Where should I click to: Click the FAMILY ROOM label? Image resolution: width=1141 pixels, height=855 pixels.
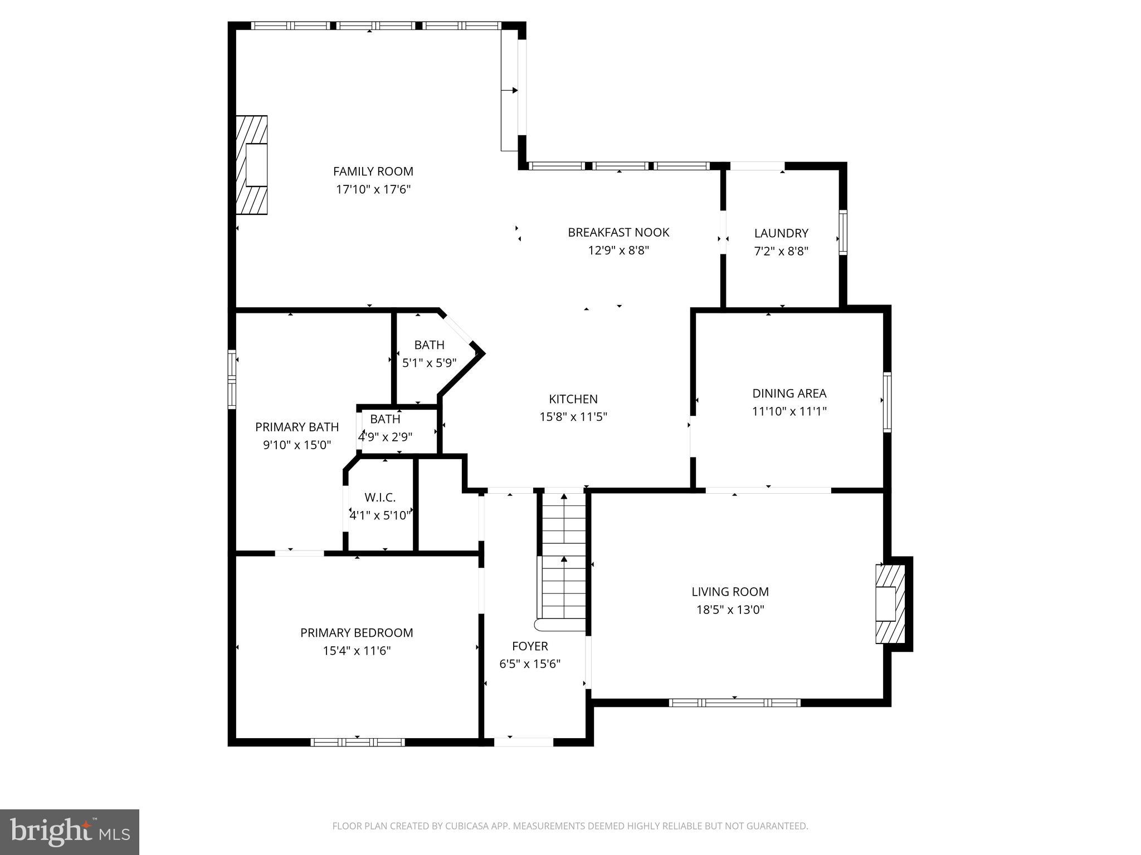coord(373,171)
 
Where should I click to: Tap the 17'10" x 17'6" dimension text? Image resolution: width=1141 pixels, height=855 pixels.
coord(373,189)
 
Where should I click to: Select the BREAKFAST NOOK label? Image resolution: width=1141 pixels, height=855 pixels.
coord(618,232)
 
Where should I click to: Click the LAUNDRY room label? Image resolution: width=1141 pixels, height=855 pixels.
coord(781,233)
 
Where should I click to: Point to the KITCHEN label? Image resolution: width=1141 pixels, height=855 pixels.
coord(573,399)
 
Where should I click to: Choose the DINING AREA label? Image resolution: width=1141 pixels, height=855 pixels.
coord(789,394)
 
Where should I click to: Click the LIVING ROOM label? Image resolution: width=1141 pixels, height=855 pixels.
coord(730,592)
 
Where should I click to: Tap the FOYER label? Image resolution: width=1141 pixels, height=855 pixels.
coord(530,646)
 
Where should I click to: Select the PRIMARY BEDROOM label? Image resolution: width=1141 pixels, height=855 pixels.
coord(357,633)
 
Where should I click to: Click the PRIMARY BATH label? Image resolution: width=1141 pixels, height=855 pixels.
coord(297,427)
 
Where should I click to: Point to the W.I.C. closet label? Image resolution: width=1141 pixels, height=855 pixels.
coord(380,498)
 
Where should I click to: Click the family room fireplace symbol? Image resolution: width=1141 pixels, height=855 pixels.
coord(252,165)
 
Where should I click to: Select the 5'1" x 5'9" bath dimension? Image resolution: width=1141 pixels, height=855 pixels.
coord(429,363)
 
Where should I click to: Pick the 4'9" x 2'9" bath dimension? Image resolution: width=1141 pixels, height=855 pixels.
coord(385,437)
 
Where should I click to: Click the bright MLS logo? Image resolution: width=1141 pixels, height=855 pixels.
coord(70,832)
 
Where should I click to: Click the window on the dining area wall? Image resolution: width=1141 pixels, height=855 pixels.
coord(887,402)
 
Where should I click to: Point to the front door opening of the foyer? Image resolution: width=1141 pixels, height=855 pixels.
coord(524,741)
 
